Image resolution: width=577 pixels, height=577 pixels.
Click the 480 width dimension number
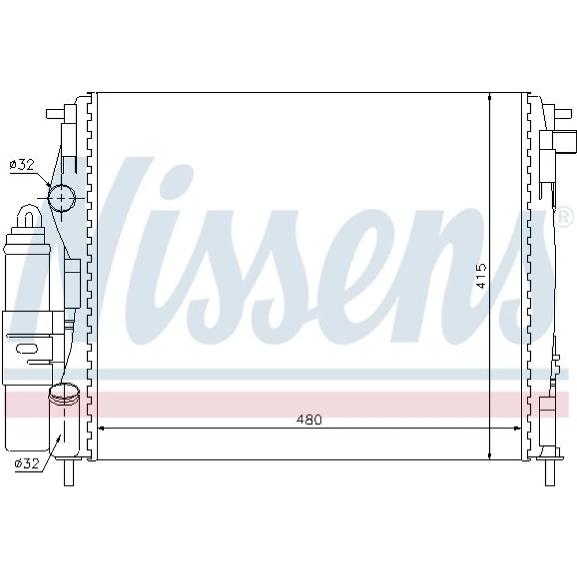point(309,419)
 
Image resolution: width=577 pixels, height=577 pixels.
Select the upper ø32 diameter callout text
point(22,164)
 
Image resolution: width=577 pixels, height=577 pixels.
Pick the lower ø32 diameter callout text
point(27,463)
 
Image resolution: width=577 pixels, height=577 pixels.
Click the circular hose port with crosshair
point(61,198)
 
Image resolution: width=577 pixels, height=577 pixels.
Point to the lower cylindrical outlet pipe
point(65,420)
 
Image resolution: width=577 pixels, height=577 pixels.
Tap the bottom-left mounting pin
point(69,473)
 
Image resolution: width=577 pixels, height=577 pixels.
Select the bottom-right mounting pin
point(550,473)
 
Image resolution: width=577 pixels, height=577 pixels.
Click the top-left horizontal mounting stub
point(56,114)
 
